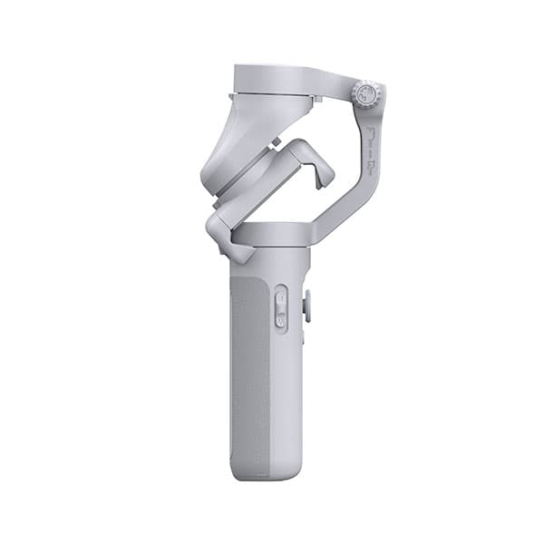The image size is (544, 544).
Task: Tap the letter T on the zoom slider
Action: pos(281,296)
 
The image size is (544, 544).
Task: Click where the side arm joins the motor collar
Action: pos(312,234)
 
